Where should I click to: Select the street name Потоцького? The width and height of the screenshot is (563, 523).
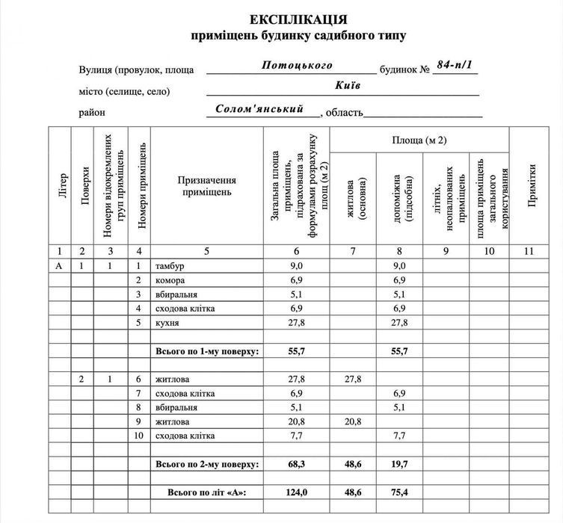coord(297,65)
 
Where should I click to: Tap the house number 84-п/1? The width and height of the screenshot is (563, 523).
coord(455,65)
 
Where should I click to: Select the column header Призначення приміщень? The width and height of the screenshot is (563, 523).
coord(206,186)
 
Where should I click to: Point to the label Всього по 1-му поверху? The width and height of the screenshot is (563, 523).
coord(206,350)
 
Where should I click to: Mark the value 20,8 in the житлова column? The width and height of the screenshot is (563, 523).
coord(354,421)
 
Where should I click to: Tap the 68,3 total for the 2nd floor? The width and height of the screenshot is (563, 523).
coord(297,464)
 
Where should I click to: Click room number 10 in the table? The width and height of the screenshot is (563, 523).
coord(138,436)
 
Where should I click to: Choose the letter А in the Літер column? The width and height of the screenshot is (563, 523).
coord(60,266)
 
